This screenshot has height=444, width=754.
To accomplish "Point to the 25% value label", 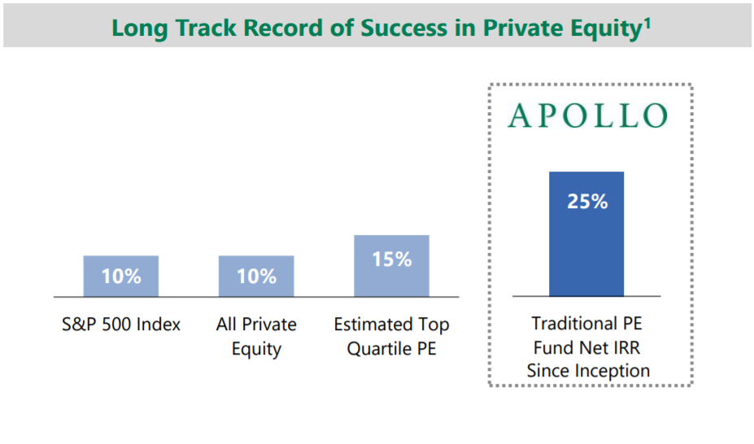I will [x=587, y=202].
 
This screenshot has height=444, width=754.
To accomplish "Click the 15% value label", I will [x=392, y=259].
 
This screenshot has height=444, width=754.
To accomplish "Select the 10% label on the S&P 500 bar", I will [x=121, y=276].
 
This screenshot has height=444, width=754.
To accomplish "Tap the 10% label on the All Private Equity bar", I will [x=257, y=276].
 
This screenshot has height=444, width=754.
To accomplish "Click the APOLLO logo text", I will [x=587, y=115].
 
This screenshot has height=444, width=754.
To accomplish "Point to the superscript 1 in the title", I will [x=647, y=21].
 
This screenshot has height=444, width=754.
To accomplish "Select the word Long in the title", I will [x=137, y=28].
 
